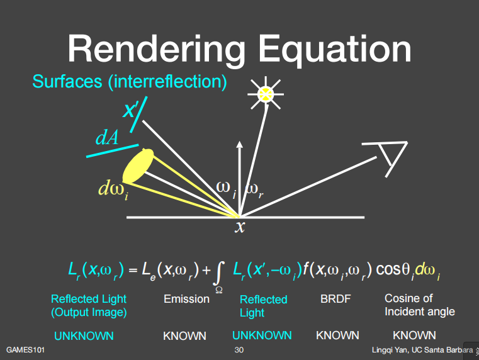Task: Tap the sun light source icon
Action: [266, 94]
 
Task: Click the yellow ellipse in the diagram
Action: [138, 166]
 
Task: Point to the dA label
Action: [107, 138]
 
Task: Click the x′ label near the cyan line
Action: [131, 111]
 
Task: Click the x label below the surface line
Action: [240, 227]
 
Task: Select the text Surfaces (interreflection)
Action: [129, 82]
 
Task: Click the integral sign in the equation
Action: [218, 273]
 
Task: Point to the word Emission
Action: [186, 299]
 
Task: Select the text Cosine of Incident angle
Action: [419, 305]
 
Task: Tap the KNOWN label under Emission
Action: [184, 335]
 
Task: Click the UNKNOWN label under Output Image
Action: [83, 335]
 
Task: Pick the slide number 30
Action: [239, 350]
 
